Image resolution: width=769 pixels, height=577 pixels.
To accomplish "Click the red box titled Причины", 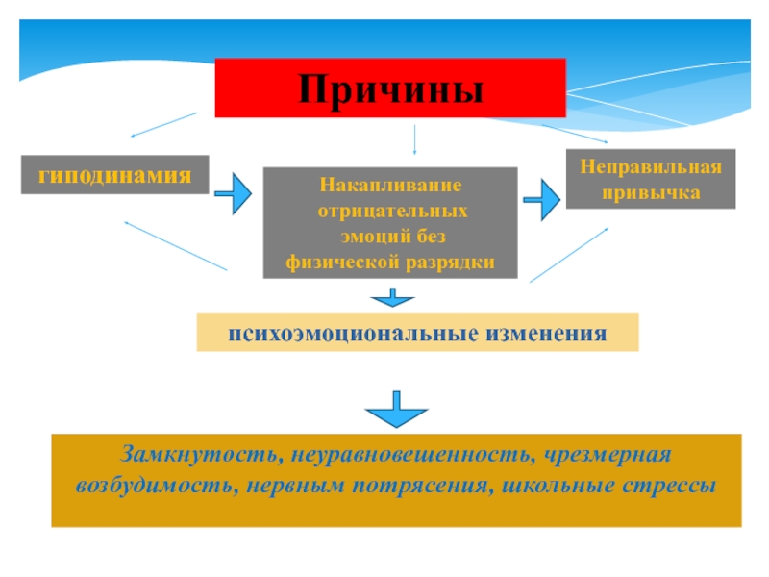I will coord(389,88).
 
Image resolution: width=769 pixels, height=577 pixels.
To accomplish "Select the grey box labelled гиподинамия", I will coord(114,175).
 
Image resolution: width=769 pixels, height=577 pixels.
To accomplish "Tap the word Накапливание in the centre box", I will coord(390,184).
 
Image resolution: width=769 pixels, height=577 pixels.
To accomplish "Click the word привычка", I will coord(651,192).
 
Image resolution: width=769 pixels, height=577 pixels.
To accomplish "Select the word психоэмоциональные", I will coord(351,333).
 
